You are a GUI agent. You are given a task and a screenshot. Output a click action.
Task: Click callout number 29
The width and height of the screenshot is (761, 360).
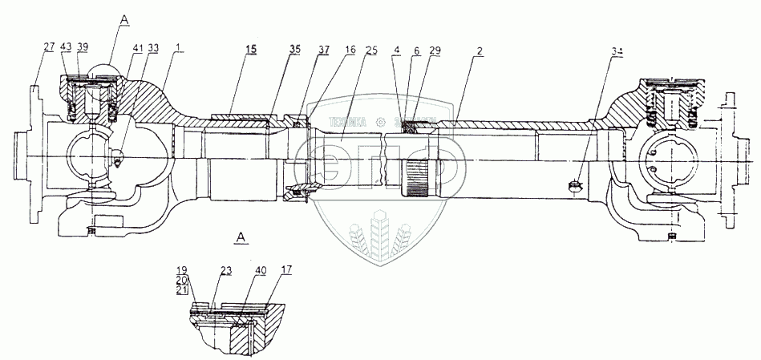tap(434, 50)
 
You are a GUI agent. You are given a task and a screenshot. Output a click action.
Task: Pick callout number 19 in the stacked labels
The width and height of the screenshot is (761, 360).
tap(182, 270)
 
